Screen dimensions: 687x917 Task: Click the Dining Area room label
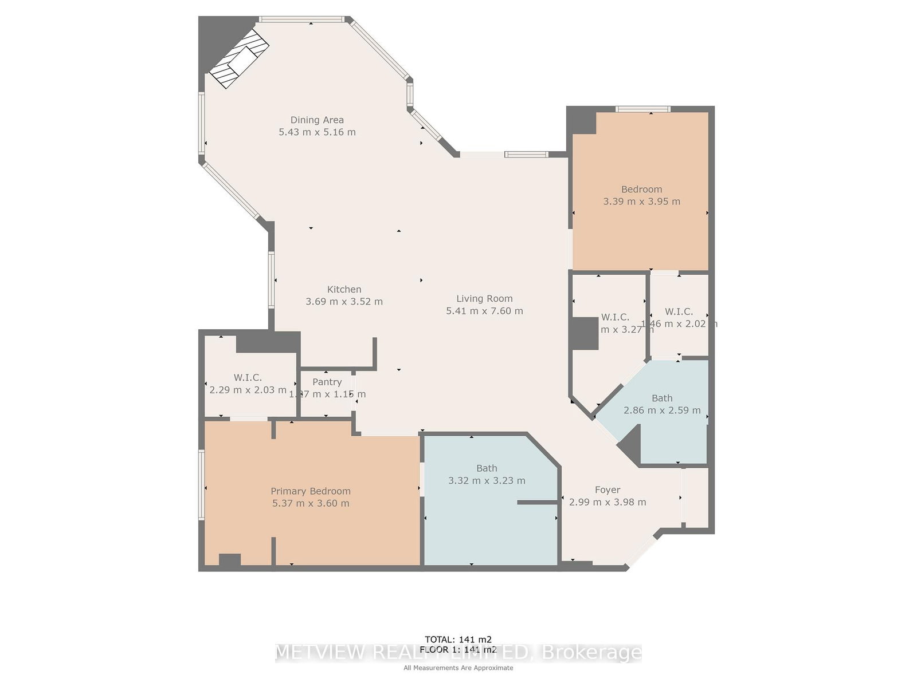point(317,120)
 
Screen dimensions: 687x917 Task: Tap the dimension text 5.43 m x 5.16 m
point(317,132)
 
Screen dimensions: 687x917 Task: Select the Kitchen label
point(344,289)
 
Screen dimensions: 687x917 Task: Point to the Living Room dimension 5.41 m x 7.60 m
point(484,311)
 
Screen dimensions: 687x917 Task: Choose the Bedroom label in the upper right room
point(641,189)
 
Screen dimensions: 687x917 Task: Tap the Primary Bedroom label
point(311,491)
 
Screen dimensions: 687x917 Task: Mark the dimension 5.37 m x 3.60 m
point(311,503)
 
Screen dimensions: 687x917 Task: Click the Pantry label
point(327,382)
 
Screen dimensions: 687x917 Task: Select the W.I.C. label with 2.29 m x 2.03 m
point(248,377)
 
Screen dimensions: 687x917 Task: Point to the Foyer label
point(607,489)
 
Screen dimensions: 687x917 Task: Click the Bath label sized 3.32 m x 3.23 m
point(487,468)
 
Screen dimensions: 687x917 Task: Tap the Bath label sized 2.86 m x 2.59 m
point(662,398)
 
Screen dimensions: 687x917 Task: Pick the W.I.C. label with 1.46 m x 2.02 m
point(679,311)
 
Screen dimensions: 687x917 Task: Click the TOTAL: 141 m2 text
point(458,639)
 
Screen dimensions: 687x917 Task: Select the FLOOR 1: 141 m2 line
point(458,649)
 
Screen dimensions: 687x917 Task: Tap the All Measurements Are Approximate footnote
point(458,668)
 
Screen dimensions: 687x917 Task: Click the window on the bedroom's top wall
point(643,109)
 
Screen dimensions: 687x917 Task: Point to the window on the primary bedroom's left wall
point(202,485)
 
